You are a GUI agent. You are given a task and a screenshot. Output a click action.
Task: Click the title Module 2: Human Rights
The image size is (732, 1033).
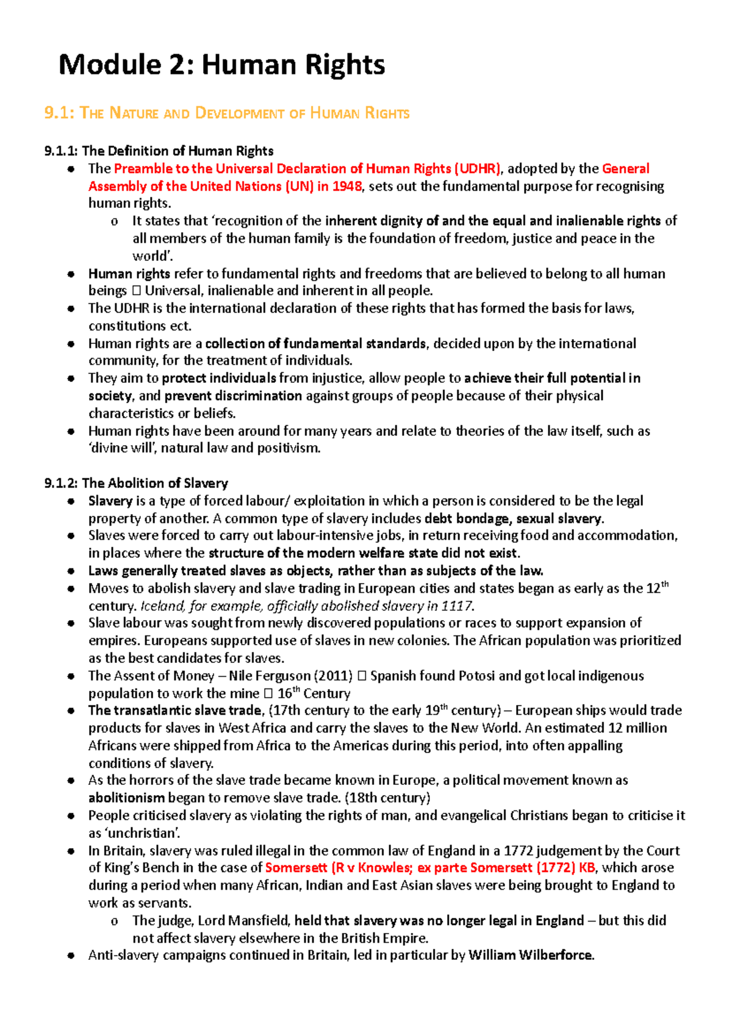[x=221, y=65]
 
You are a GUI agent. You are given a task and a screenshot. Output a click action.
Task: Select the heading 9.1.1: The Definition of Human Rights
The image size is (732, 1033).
[x=159, y=151]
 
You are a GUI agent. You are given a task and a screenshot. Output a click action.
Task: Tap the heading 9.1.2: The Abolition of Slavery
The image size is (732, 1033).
[x=136, y=483]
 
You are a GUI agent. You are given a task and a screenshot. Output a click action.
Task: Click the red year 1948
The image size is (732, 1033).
[x=346, y=186]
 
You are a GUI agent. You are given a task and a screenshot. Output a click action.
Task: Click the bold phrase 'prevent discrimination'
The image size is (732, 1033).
[x=233, y=396]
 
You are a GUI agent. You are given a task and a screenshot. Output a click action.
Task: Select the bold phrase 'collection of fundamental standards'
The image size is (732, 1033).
[x=315, y=343]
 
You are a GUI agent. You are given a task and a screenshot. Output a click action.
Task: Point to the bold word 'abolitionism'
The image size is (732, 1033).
[x=126, y=798]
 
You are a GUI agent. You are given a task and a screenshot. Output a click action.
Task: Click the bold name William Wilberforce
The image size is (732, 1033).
[x=531, y=955]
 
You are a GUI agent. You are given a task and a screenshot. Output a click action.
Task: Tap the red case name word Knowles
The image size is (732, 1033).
[x=382, y=868]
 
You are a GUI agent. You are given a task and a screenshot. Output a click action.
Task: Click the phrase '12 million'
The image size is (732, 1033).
[x=637, y=728]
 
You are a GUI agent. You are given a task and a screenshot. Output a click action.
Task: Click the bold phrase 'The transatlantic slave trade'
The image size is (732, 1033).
[x=176, y=710]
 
